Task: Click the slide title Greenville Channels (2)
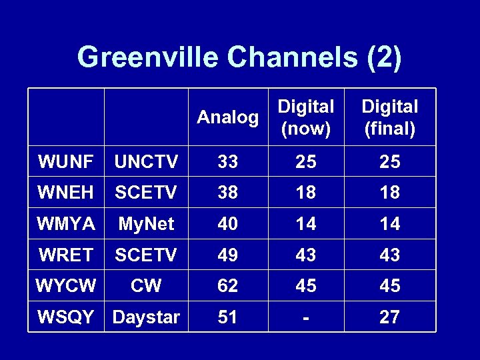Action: tap(239, 57)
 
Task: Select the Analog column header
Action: tap(228, 117)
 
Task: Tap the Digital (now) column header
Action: tap(306, 117)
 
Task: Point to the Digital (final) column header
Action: tap(390, 117)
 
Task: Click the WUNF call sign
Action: tap(66, 161)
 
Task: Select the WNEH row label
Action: tap(66, 193)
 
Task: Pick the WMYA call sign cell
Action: tap(66, 224)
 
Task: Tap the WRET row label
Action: tap(66, 255)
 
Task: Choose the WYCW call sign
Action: tap(66, 285)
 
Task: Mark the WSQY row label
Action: tap(66, 317)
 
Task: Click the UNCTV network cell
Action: tap(146, 161)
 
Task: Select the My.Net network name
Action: tap(146, 224)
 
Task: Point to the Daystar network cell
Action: tap(146, 317)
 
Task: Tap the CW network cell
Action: tap(146, 285)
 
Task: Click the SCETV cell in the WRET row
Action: tap(146, 255)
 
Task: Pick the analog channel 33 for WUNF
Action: tap(228, 161)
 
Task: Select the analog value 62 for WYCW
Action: tap(228, 285)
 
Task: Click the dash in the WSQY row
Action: tap(306, 317)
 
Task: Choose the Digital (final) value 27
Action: tap(390, 317)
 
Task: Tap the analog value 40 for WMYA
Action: tap(228, 224)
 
